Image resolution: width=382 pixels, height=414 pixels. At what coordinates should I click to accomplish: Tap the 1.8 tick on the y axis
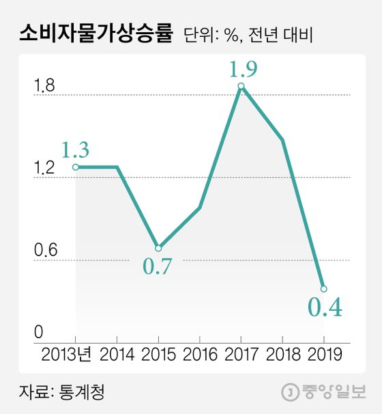(x=44, y=86)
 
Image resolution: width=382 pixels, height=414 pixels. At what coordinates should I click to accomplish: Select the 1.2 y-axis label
(x=44, y=169)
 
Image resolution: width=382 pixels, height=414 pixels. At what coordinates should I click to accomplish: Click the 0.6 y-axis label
(x=44, y=251)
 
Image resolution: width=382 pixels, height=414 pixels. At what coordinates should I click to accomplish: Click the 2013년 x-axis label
(x=70, y=355)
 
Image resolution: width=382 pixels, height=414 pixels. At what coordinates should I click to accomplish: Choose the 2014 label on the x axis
(x=117, y=355)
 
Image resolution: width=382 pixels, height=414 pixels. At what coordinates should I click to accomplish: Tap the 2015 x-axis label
(x=158, y=355)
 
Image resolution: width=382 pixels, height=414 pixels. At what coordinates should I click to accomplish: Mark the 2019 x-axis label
(x=323, y=355)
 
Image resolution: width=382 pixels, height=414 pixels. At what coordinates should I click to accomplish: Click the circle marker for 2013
(x=75, y=167)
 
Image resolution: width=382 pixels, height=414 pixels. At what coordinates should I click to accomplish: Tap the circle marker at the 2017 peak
(x=241, y=86)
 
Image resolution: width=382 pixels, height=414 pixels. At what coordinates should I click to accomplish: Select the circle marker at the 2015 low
(x=158, y=248)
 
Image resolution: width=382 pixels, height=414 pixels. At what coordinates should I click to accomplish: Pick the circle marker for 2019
(x=323, y=288)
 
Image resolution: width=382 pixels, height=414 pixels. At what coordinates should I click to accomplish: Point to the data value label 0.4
(x=323, y=308)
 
